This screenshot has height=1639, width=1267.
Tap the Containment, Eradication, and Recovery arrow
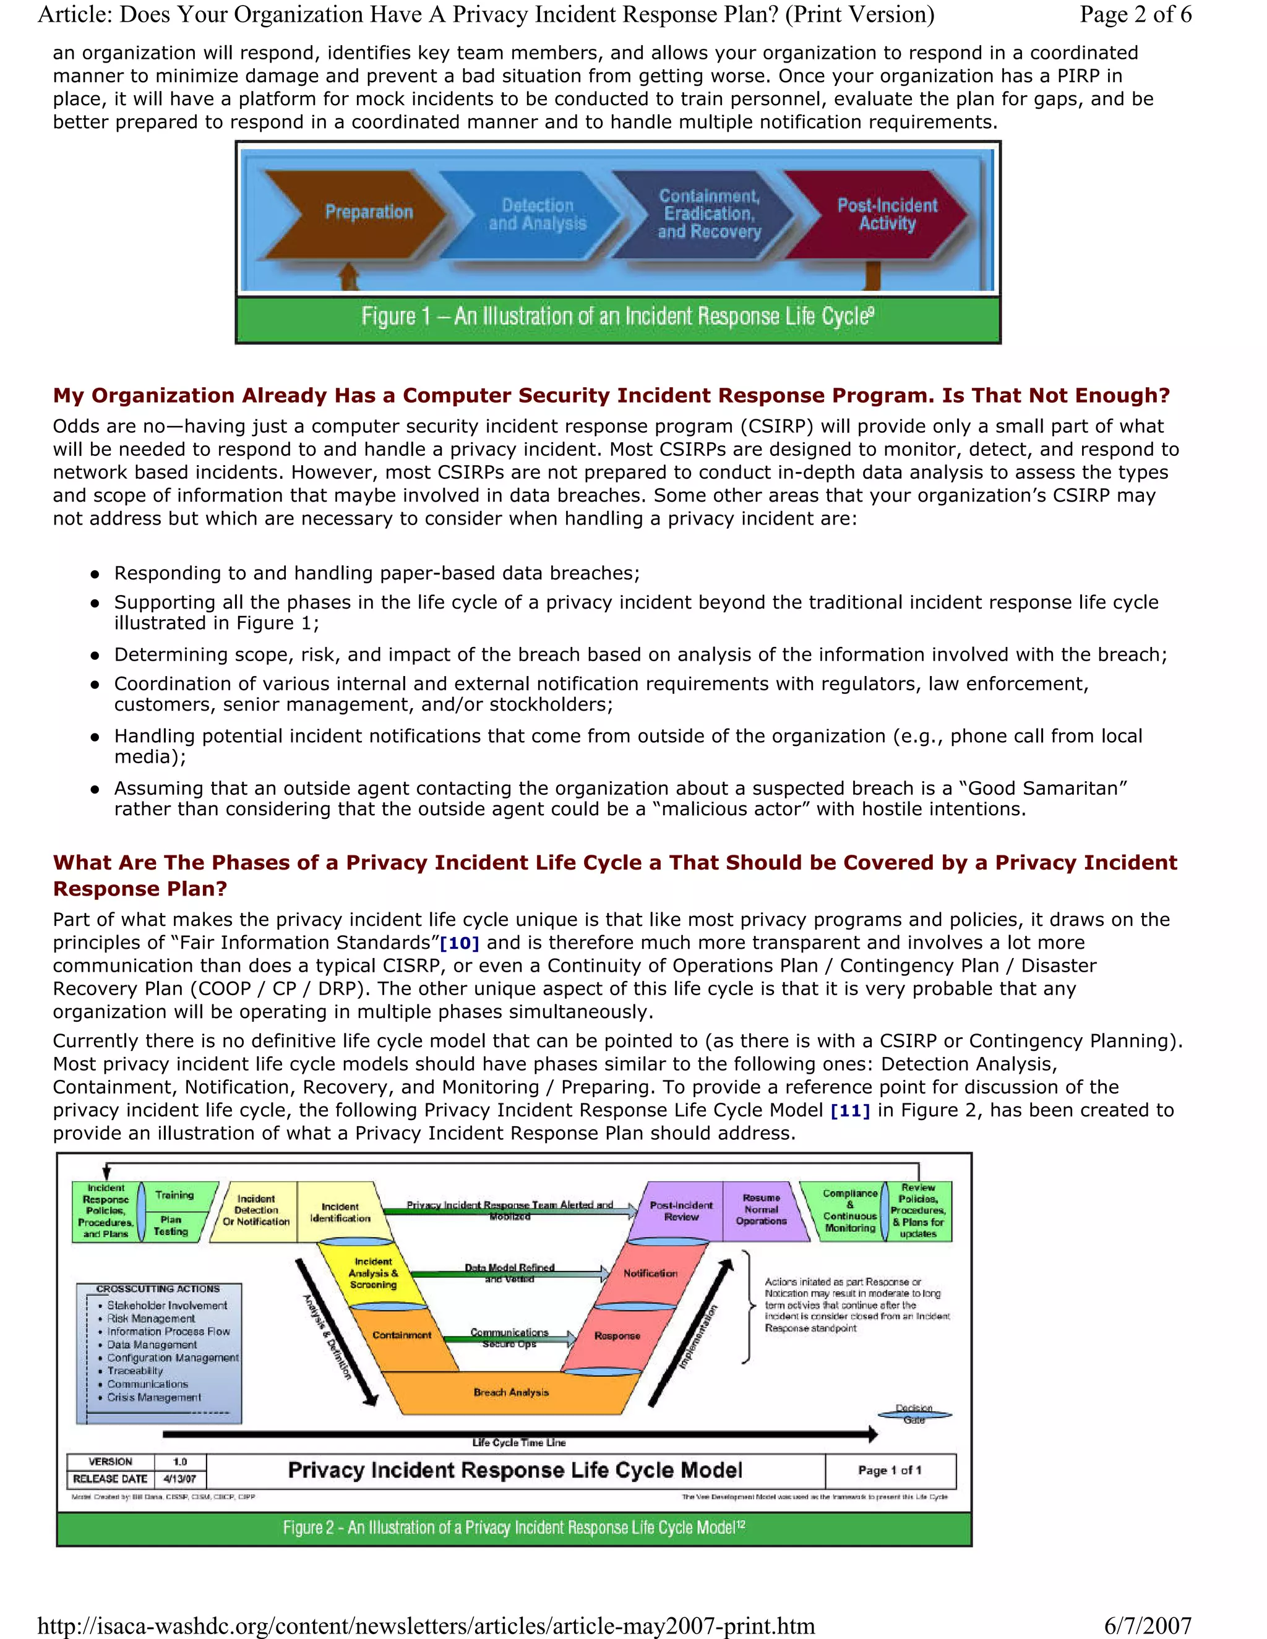click(708, 215)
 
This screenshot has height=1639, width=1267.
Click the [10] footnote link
click(460, 943)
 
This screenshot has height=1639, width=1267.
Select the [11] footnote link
click(849, 1110)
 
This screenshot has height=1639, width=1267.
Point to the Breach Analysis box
click(511, 1392)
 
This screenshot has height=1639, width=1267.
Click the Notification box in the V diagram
click(650, 1273)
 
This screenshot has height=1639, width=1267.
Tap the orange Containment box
click(402, 1335)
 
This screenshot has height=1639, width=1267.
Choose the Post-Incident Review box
click(681, 1210)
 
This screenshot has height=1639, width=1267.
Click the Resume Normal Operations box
click(761, 1210)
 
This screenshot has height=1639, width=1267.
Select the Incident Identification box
click(340, 1212)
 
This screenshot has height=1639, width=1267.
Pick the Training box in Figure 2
click(174, 1195)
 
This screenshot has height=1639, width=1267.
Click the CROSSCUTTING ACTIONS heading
click(158, 1288)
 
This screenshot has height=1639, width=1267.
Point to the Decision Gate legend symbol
click(914, 1414)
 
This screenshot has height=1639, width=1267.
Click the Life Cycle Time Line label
click(518, 1442)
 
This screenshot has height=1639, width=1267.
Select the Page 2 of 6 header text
click(1135, 14)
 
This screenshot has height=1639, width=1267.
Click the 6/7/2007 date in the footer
click(1147, 1625)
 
